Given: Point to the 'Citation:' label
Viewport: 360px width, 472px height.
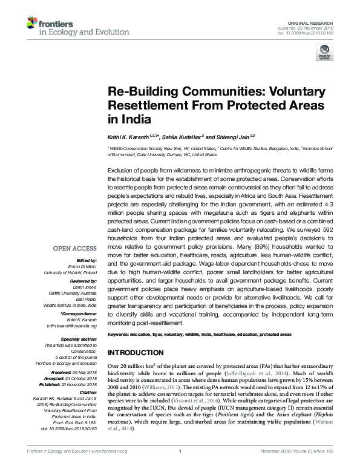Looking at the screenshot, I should [86, 393].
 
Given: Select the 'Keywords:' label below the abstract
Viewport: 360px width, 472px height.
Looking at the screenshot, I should [119, 334].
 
